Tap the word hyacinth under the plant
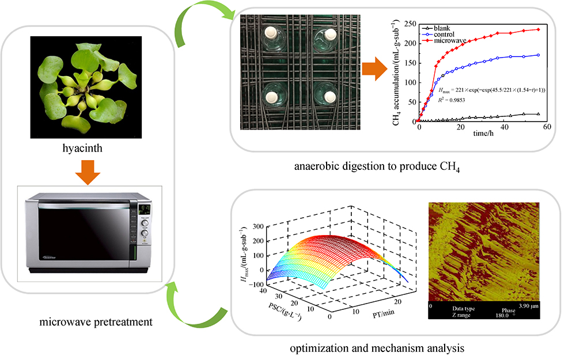[x=85, y=151]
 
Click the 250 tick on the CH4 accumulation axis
[x=408, y=24]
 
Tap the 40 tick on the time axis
[x=505, y=127]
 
